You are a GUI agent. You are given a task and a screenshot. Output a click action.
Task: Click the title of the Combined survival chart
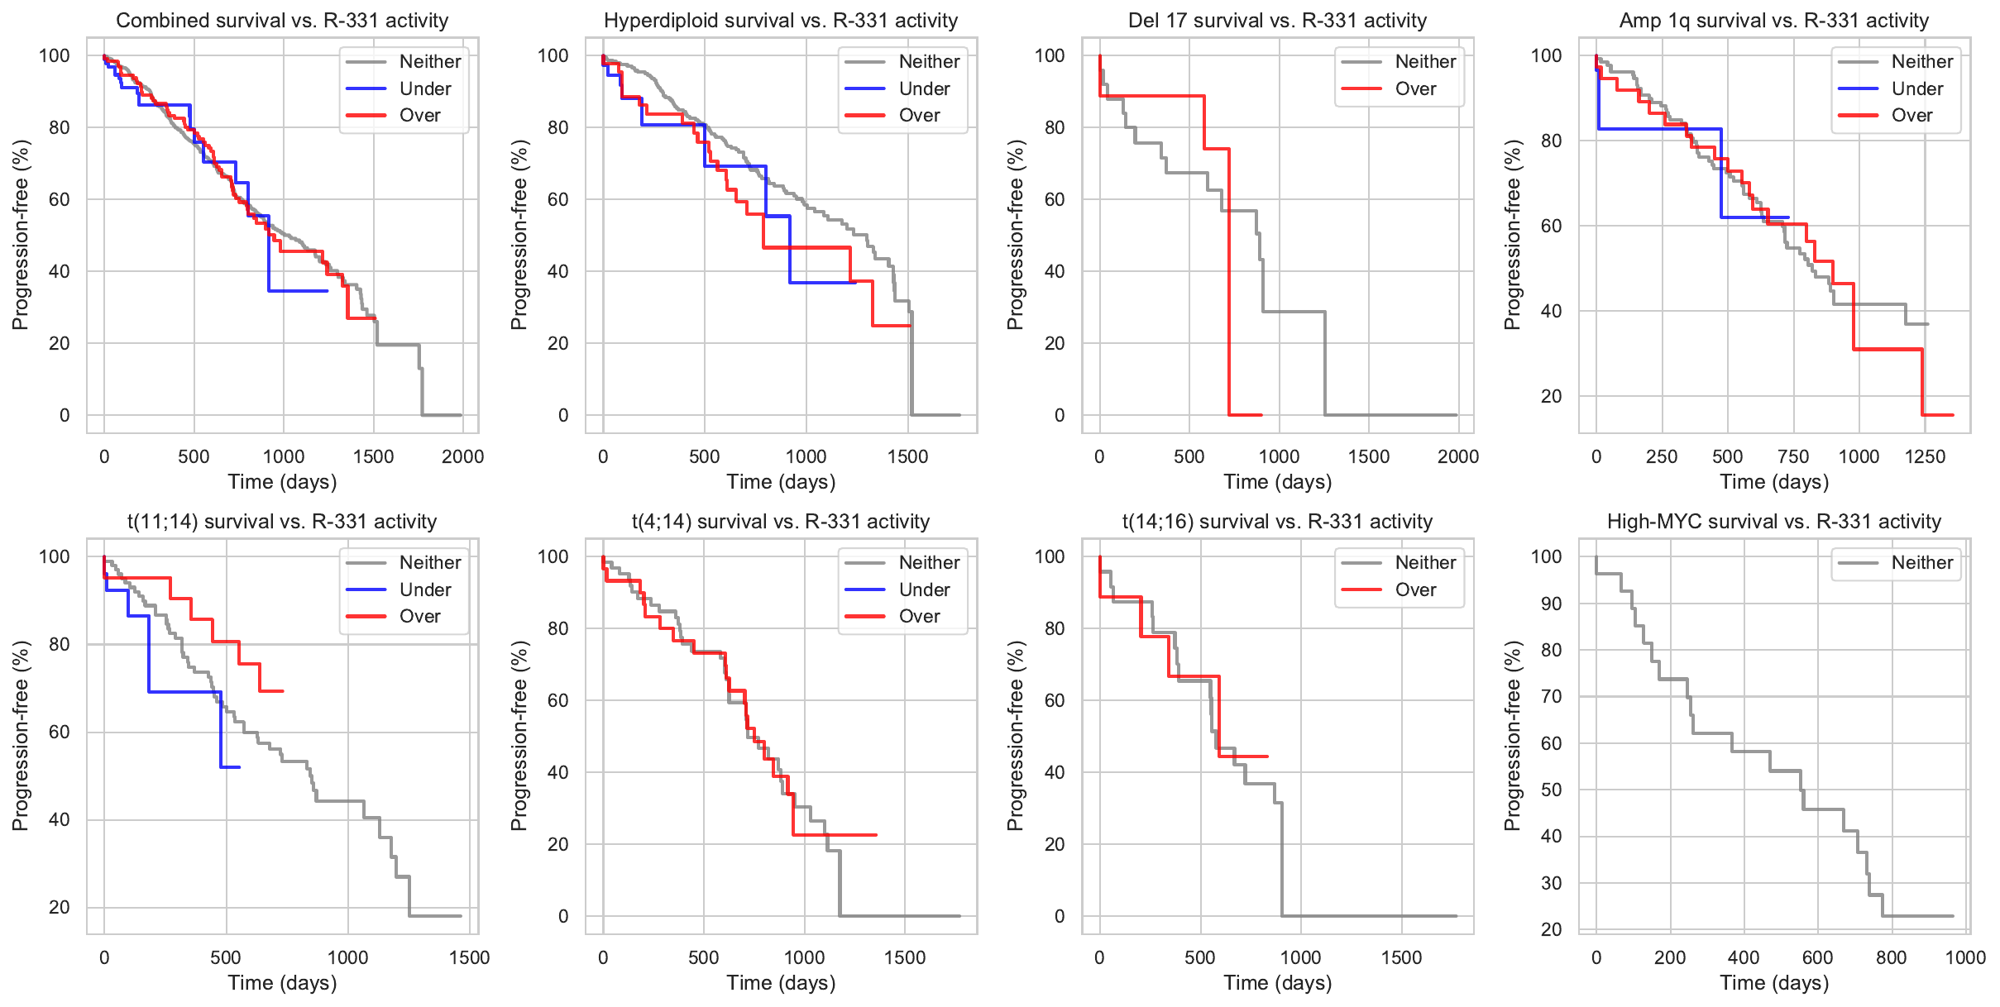coord(282,21)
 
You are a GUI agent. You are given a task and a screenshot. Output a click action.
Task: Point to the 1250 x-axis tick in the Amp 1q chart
coord(1925,456)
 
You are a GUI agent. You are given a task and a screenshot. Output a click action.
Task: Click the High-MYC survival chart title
coord(1773,522)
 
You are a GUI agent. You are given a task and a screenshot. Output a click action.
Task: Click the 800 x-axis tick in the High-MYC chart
coord(1891,957)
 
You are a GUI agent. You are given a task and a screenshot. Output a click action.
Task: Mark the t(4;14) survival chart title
coord(781,522)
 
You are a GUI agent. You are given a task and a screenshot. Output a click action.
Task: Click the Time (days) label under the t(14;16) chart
coord(1277,983)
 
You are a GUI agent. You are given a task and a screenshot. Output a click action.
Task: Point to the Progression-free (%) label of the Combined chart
coord(20,235)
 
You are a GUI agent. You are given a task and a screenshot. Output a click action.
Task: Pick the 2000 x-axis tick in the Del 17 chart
coord(1457,456)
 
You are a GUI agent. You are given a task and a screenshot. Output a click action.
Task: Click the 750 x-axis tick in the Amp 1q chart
coord(1792,456)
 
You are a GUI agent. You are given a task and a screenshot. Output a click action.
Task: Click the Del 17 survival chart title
coord(1277,21)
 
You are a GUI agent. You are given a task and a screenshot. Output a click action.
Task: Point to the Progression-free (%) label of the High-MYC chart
coord(1512,736)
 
